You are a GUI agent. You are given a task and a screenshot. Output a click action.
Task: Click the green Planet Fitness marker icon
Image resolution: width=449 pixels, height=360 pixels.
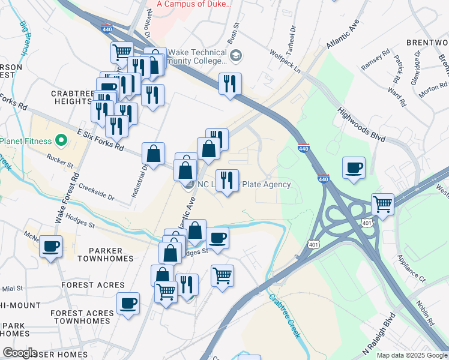pos(60,141)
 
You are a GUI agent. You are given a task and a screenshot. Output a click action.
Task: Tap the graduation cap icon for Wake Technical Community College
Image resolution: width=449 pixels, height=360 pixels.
pos(237,56)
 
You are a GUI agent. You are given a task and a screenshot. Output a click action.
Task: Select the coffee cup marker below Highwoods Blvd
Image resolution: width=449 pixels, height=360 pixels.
pos(354,167)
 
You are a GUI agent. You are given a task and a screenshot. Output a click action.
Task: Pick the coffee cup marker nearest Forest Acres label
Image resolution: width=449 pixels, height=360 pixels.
pos(128,303)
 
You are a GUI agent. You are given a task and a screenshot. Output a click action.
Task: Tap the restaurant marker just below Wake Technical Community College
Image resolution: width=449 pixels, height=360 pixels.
pos(230,83)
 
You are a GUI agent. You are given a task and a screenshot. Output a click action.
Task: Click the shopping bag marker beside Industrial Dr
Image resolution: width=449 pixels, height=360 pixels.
pos(154,153)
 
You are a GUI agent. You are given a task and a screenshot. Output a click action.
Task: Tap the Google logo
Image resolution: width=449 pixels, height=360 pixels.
pos(20,352)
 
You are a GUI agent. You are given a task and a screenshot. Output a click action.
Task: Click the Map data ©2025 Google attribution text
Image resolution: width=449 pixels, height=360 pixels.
pos(411,355)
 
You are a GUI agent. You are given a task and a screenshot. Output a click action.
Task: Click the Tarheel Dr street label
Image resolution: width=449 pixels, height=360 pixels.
pos(292,37)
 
